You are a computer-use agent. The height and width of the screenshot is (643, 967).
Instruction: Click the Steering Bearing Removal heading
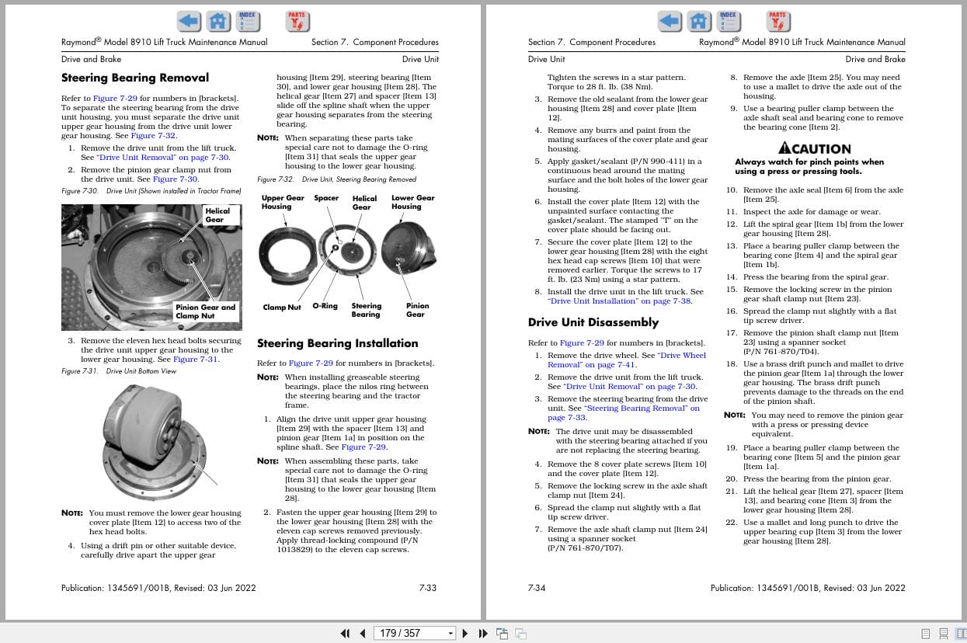135,78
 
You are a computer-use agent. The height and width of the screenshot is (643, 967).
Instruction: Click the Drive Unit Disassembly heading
593,322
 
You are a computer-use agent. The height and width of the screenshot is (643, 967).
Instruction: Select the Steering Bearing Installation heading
337,343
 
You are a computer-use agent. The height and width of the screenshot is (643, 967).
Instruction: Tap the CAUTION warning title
815,148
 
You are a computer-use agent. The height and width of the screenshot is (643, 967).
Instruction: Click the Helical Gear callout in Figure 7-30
217,215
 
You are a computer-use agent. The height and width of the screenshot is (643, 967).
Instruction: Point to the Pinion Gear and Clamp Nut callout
205,311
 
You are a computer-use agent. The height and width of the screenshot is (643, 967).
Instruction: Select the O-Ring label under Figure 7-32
325,306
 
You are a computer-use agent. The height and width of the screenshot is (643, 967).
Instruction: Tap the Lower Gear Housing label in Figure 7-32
406,202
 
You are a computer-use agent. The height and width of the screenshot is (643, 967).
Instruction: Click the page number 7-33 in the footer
427,588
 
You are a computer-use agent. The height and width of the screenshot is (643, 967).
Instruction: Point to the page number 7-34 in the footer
537,588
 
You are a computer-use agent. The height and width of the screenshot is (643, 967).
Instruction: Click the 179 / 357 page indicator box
414,634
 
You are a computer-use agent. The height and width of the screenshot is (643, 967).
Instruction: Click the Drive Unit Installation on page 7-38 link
619,301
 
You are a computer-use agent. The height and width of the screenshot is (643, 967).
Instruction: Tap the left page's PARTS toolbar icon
296,20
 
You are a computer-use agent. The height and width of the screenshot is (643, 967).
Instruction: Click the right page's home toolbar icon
699,20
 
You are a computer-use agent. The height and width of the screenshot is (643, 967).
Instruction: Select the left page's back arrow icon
189,20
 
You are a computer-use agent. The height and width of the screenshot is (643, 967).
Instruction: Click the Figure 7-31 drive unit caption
119,371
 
